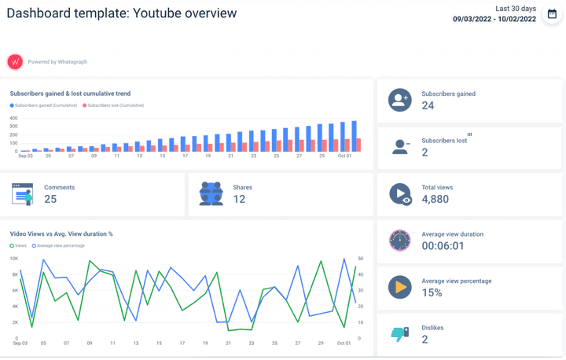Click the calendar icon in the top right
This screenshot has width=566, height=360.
tap(552, 14)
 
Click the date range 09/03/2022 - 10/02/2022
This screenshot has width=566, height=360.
tap(494, 20)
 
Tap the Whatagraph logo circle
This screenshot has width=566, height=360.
tap(15, 61)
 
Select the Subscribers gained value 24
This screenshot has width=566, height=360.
tap(428, 106)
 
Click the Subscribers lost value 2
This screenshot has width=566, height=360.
tap(424, 152)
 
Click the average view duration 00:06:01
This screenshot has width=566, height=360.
tap(443, 246)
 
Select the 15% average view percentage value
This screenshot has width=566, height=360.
tap(432, 292)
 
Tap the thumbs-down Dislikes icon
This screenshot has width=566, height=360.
tap(399, 334)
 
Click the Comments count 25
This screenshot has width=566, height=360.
tap(50, 200)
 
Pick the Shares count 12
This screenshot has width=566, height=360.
tap(239, 200)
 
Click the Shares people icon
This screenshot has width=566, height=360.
tap(211, 194)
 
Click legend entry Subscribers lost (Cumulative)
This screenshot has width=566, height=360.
tap(115, 105)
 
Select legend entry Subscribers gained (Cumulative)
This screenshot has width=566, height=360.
tap(46, 105)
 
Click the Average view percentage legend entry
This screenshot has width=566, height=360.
tap(61, 246)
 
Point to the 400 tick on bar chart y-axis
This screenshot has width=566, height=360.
tap(13, 119)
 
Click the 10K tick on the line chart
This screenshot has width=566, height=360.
tap(13, 258)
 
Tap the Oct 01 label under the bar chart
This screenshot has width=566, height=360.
tap(344, 156)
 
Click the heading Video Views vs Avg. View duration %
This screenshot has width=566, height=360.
tap(61, 233)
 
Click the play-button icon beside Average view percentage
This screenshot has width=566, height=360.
tap(399, 287)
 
